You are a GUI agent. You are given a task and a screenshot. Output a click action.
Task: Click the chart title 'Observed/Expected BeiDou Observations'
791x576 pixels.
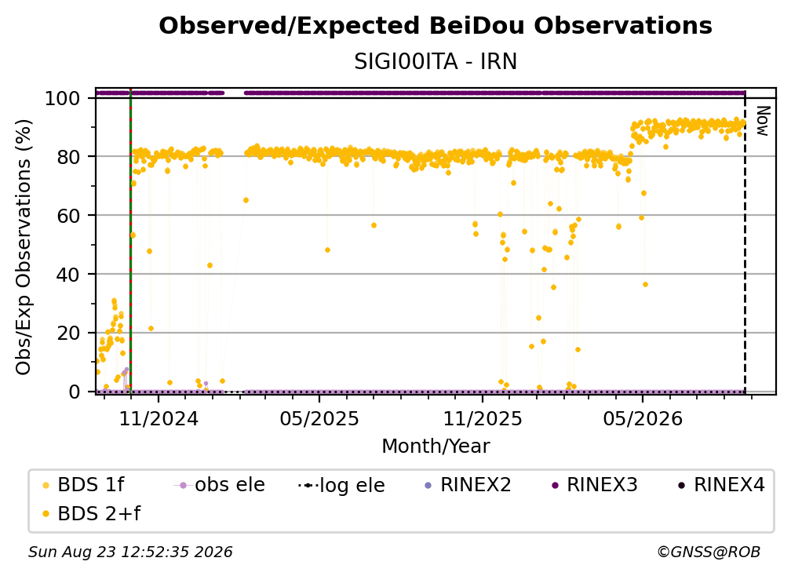(x=436, y=26)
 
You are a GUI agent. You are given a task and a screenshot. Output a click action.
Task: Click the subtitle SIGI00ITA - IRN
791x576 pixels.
(x=436, y=61)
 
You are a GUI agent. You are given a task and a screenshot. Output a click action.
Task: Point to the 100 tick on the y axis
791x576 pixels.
(x=62, y=98)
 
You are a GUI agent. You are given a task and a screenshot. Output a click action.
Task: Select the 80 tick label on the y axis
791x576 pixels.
(x=68, y=157)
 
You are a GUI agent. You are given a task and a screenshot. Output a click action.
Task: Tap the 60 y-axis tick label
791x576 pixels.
(x=68, y=215)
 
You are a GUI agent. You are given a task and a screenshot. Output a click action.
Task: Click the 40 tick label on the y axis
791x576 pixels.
(x=68, y=275)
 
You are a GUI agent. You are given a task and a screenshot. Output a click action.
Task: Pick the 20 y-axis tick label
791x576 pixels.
(x=68, y=333)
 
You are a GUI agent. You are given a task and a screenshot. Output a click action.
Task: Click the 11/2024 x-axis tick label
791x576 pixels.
(x=159, y=418)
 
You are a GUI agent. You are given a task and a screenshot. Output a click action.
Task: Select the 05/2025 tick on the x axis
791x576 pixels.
(x=319, y=418)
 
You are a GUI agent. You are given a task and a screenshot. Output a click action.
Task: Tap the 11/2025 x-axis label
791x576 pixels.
(x=483, y=418)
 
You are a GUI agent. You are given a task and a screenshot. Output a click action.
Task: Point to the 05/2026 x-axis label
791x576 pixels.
(x=643, y=418)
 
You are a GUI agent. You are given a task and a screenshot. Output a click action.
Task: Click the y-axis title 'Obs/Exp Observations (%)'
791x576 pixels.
(x=24, y=247)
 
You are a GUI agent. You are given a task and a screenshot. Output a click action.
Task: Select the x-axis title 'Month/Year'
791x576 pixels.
(x=436, y=446)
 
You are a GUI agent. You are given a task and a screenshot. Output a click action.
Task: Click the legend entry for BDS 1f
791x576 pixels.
(x=84, y=485)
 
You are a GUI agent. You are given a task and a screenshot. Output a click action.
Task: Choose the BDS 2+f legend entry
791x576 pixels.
(x=91, y=513)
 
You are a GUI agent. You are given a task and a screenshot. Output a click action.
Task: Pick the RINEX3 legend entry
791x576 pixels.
(x=594, y=485)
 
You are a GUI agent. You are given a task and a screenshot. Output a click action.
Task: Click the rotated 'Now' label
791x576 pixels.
(x=762, y=121)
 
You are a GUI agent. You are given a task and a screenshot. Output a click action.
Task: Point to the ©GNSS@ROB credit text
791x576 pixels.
(x=709, y=552)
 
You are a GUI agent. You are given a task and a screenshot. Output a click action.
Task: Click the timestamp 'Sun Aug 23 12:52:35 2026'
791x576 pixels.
(x=130, y=552)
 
